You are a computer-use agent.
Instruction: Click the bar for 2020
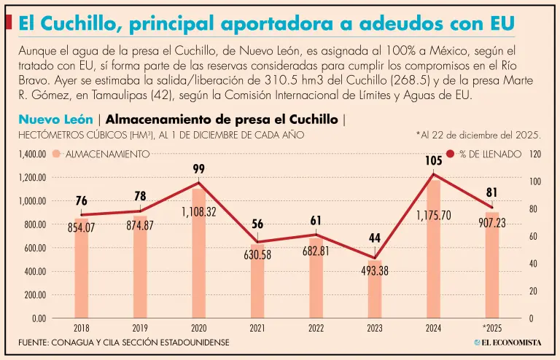click(198, 255)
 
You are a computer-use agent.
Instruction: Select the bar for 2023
click(375, 291)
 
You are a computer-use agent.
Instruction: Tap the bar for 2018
click(81, 270)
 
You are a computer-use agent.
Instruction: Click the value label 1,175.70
click(434, 216)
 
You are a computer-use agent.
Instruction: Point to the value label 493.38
click(375, 270)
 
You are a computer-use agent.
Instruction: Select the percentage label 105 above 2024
click(434, 160)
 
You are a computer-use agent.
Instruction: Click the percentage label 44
click(375, 238)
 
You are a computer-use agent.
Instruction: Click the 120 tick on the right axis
click(535, 154)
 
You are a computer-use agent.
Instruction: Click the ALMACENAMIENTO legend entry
click(102, 154)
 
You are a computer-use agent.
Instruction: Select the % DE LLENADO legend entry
click(484, 154)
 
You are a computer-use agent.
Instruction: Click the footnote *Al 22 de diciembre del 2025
click(478, 135)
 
